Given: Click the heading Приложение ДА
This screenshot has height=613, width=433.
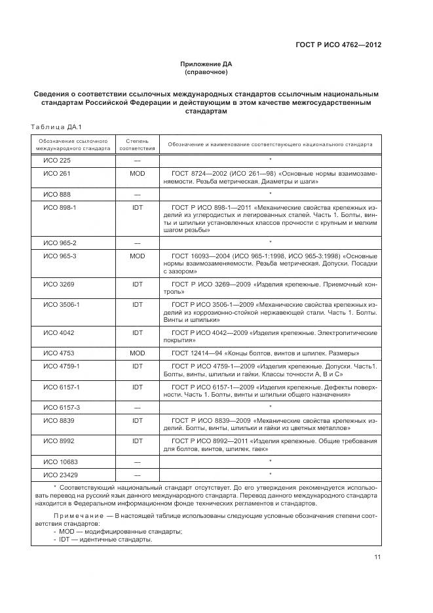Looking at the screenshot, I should point(206,64).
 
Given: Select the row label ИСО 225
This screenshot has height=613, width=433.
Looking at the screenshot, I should point(57,160).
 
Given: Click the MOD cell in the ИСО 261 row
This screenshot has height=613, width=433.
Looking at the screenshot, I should point(138,173).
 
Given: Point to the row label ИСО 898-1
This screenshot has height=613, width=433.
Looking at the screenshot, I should point(60,207).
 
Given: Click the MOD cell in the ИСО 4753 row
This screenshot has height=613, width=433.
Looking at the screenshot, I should point(138,353).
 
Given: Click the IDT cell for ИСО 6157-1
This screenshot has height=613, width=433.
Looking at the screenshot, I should point(138,387).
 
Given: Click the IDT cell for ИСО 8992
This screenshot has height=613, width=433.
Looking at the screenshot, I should point(138,441).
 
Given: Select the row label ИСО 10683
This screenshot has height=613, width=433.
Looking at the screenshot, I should point(60,462).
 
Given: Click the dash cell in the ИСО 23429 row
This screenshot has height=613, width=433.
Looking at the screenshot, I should point(138,474).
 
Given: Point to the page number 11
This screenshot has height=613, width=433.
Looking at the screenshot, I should point(378,557).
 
